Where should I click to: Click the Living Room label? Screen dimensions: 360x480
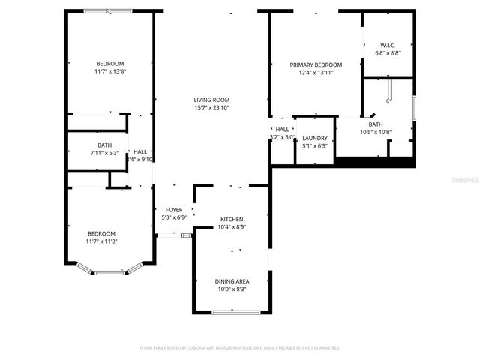point(211,100)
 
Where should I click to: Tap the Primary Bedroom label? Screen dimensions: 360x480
point(316,64)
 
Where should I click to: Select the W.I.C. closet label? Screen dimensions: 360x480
point(388,45)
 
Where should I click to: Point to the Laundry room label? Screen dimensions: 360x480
point(315,138)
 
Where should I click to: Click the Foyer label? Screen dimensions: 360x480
point(174,209)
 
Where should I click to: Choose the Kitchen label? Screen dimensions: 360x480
point(231,219)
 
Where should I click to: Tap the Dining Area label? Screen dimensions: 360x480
point(232,281)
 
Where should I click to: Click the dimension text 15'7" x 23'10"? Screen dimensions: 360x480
point(211,108)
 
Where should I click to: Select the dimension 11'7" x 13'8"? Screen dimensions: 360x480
point(109,71)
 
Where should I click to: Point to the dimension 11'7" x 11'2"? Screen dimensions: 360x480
point(101,241)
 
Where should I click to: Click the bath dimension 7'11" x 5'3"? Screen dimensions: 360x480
point(104,153)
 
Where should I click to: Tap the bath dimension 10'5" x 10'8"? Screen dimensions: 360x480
point(375,133)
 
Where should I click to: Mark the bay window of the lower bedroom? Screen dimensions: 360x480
point(109,271)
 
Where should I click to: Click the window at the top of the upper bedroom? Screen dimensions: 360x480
point(108,11)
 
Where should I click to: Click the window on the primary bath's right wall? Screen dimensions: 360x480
point(413,107)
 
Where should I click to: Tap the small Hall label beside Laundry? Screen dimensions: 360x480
point(282,130)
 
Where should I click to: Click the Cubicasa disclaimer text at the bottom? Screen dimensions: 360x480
point(240,348)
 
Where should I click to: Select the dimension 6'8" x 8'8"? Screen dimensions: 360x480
point(388,53)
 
